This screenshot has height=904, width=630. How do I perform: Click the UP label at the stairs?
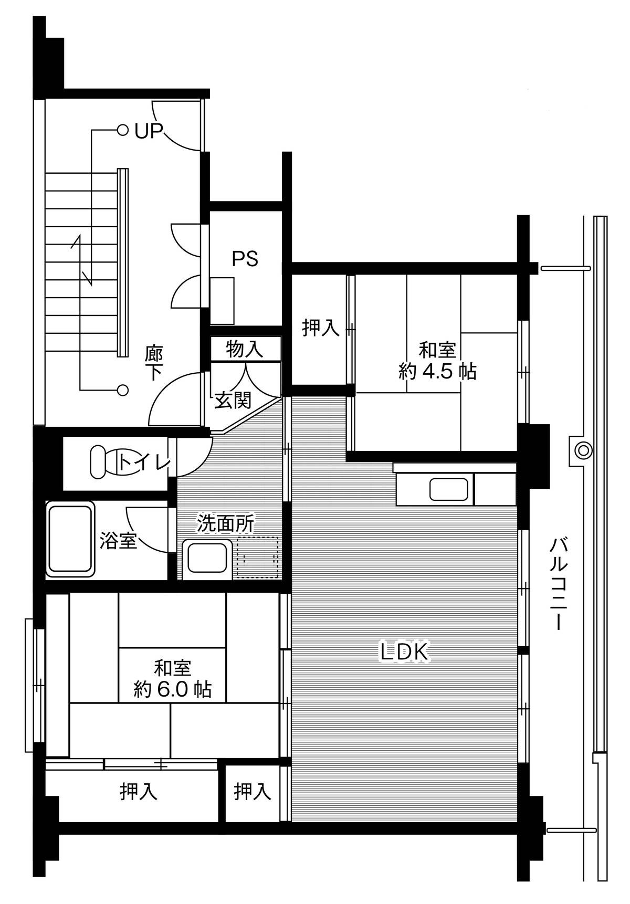coord(149,131)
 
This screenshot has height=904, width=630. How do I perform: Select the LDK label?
coord(405,651)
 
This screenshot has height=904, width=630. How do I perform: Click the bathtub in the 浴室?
coord(70,539)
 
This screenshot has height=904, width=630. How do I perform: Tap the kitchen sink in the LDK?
coord(448,489)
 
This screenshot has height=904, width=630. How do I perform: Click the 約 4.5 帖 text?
coord(437,372)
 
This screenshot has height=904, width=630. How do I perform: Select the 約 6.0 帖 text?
coord(172,689)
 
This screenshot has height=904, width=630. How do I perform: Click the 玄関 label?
coord(233,401)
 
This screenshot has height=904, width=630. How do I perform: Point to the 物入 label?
coord(245,349)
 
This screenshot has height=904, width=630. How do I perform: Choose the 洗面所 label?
coord(226,523)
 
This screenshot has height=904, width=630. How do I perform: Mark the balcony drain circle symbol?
coord(583,450)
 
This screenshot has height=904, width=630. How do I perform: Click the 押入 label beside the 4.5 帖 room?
coord(320,328)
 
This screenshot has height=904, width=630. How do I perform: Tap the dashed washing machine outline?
coord(257,557)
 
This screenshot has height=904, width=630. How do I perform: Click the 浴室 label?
coord(119,540)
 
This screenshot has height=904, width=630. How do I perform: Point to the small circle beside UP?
coord(122,130)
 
